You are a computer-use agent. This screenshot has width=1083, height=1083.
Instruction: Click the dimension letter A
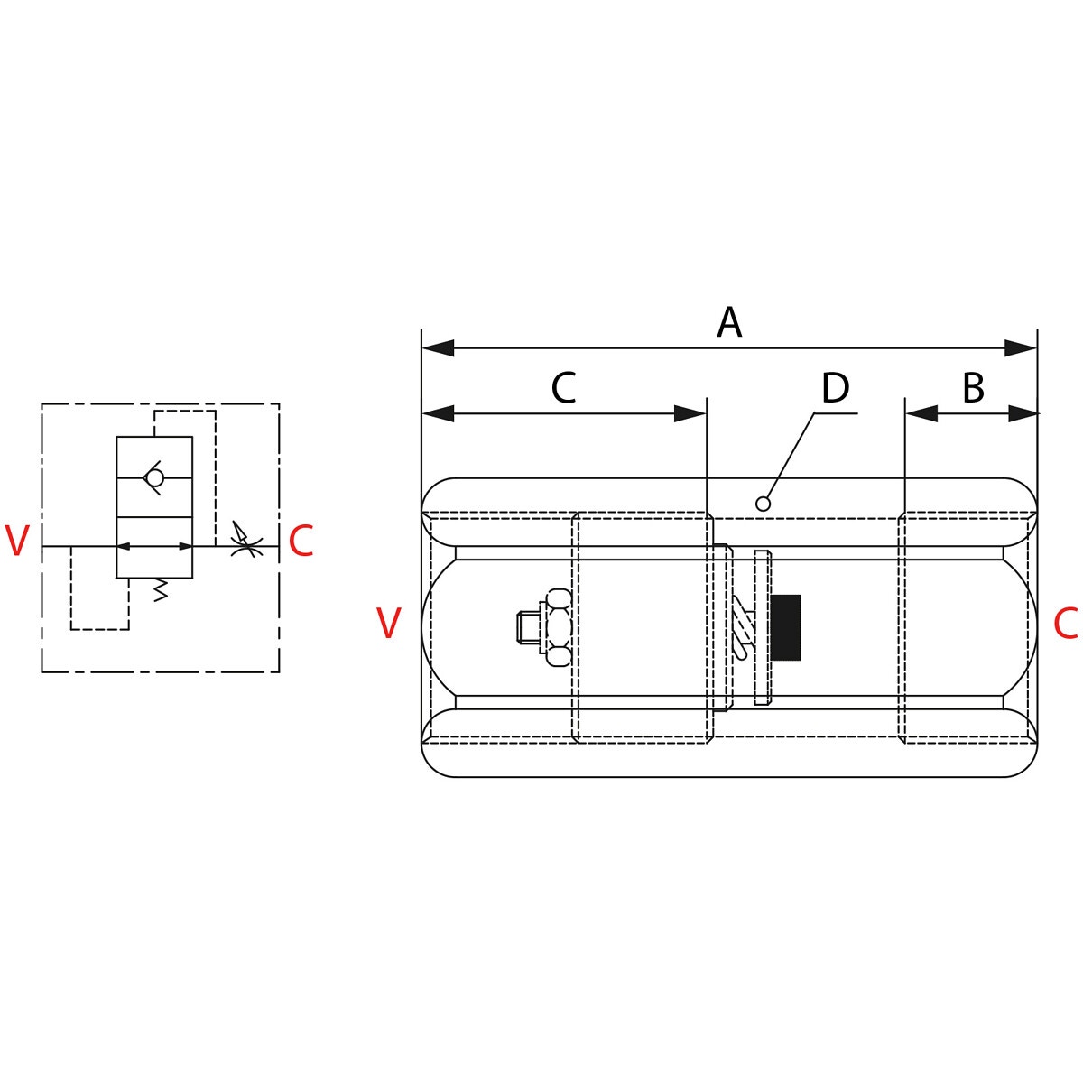pos(729,322)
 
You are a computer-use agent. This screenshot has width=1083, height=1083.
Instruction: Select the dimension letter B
pos(974,388)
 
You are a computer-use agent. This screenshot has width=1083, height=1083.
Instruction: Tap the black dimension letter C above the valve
pos(564,388)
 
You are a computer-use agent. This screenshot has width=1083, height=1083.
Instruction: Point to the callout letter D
pos(835,388)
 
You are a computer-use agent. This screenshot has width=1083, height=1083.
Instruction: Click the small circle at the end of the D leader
pos(763,504)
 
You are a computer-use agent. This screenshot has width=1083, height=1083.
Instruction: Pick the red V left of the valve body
pos(388,623)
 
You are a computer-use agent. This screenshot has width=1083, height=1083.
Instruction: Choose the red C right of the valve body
pos(1066,624)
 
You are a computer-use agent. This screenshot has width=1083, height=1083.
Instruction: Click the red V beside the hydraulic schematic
pos(17,541)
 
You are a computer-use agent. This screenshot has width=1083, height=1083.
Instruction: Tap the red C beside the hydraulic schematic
pos(301,541)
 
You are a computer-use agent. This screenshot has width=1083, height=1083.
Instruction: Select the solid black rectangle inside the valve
pos(786,627)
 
